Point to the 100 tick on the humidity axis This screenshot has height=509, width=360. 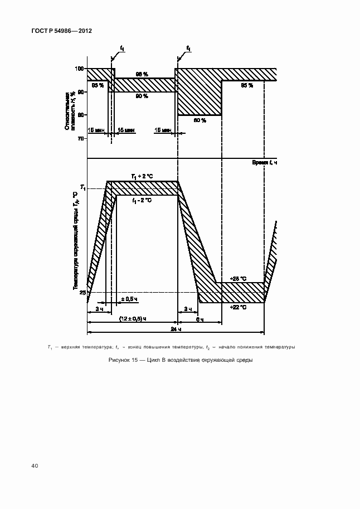pyautogui.click(x=80, y=69)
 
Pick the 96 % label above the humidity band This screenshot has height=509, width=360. pyautogui.click(x=142, y=74)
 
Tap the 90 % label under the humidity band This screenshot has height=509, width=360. pyautogui.click(x=142, y=96)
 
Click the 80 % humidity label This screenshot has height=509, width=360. pyautogui.click(x=200, y=120)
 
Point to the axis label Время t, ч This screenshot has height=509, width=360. pyautogui.click(x=264, y=162)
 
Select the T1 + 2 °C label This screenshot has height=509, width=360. pyautogui.click(x=142, y=177)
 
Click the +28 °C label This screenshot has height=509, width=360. pyautogui.click(x=238, y=278)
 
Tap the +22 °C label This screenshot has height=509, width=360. pyautogui.click(x=238, y=307)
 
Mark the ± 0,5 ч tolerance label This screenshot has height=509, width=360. pyautogui.click(x=129, y=299)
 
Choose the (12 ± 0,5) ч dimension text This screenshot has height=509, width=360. pyautogui.click(x=133, y=318)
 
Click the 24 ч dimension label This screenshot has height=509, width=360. pyautogui.click(x=175, y=329)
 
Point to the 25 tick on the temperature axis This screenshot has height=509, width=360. pyautogui.click(x=82, y=292)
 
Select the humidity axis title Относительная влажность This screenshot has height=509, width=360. pyautogui.click(x=68, y=112)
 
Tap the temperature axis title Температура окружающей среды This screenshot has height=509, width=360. pyautogui.click(x=75, y=240)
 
